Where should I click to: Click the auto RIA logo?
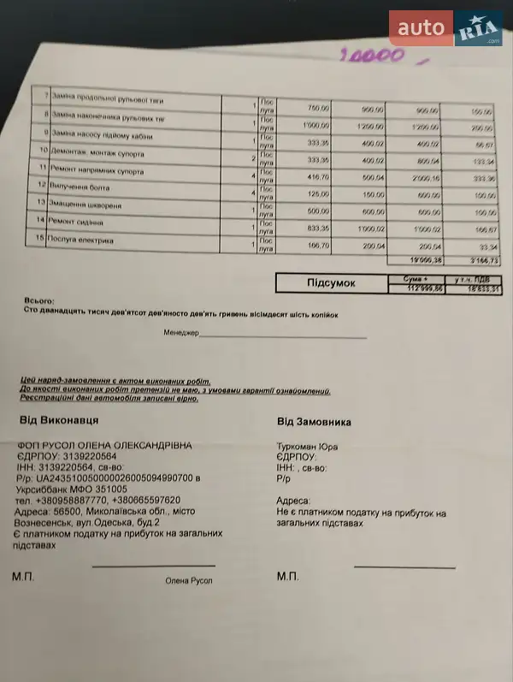tap(446, 28)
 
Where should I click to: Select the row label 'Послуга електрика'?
tap(84, 240)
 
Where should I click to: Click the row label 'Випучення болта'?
tap(83, 187)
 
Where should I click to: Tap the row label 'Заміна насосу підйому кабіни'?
tap(103, 134)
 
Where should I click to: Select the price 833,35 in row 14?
tap(316, 228)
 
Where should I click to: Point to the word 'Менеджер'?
tap(180, 333)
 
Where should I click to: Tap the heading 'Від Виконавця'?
tap(58, 421)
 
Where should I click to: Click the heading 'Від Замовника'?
tap(314, 422)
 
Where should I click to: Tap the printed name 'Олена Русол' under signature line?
tap(188, 581)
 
